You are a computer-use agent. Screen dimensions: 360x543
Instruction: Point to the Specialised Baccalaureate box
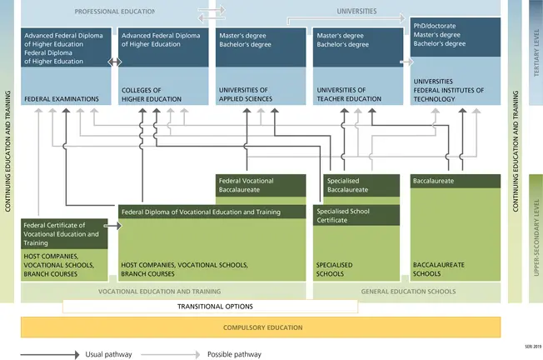tap(354, 185)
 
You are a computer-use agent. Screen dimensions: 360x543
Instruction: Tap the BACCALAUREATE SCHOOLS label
tap(438, 268)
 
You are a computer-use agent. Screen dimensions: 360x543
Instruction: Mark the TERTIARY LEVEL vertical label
tap(536, 52)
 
